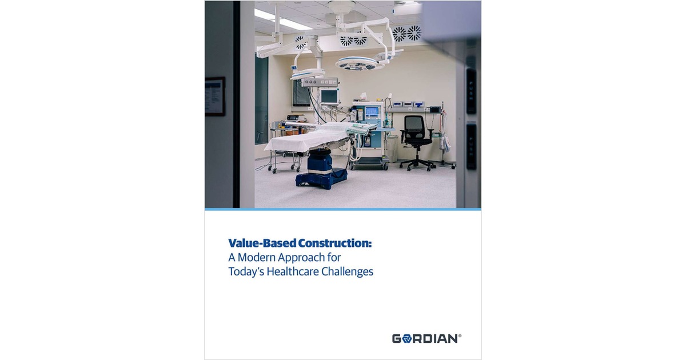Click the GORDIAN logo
[426, 338]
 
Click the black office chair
[416, 140]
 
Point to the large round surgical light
[356, 62]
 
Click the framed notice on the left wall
[215, 96]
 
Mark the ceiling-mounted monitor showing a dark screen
[301, 93]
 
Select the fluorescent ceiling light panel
[283, 19]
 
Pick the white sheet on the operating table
[309, 137]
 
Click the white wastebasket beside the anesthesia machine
[392, 147]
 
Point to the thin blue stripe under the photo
[343, 209]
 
